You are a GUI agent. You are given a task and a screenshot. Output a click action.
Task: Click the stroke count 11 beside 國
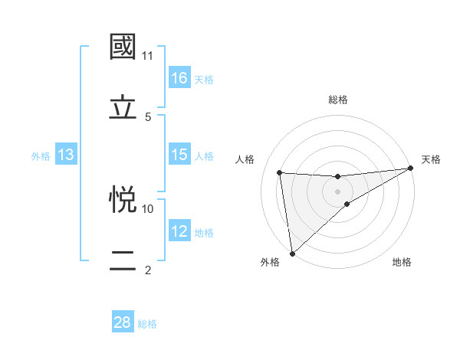(148, 56)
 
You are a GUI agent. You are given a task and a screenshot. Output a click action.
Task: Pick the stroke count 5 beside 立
(148, 116)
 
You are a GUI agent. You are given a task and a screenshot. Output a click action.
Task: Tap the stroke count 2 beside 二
(148, 270)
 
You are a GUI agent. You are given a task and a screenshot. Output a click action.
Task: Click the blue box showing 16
(179, 78)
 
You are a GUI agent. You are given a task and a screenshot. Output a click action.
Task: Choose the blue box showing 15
(179, 155)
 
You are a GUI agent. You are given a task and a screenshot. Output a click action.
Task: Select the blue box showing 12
(179, 231)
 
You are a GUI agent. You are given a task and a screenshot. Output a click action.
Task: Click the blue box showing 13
(66, 155)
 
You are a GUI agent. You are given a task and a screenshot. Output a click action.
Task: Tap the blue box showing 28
(123, 322)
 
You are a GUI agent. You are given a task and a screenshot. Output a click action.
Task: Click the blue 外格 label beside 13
(41, 156)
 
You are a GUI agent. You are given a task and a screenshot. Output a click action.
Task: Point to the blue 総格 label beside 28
(147, 324)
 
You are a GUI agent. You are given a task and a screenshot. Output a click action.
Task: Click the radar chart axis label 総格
(337, 100)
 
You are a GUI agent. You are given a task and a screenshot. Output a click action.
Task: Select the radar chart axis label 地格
(402, 262)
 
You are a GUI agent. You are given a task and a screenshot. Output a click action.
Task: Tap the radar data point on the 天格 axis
(410, 169)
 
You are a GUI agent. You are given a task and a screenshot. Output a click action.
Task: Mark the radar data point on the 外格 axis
(292, 252)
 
